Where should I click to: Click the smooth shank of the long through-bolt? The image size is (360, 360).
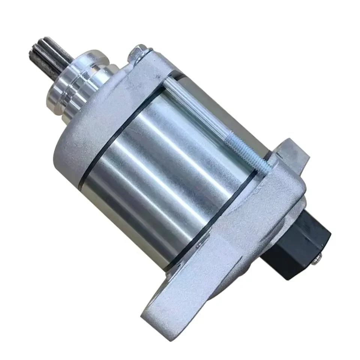(202, 112)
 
